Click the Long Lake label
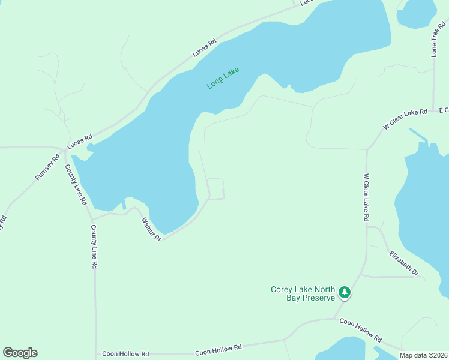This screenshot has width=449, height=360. (223, 78)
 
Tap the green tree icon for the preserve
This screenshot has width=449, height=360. (344, 293)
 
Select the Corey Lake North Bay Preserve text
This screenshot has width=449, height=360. (301, 293)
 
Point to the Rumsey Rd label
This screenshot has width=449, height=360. (47, 167)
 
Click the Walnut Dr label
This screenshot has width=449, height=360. (151, 229)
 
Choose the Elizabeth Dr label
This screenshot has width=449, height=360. (403, 263)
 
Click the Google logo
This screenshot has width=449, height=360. (20, 353)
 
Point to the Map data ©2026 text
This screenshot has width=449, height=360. (424, 355)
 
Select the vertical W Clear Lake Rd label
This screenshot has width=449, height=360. (365, 198)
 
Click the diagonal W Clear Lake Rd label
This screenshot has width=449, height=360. (405, 119)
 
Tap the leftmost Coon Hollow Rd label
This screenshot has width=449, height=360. (125, 354)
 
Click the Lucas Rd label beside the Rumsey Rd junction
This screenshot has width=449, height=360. (79, 142)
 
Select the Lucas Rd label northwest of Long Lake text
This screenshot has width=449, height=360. (204, 49)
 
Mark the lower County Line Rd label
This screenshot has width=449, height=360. (94, 247)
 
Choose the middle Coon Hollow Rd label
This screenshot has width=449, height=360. (218, 349)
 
